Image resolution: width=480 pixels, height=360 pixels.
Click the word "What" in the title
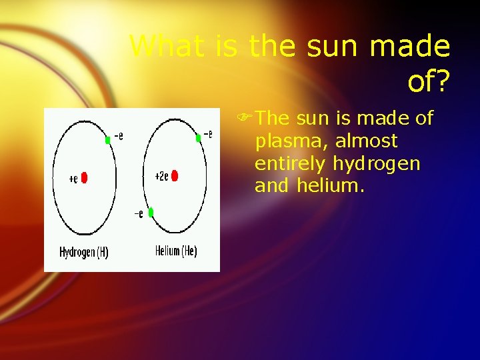tap(165, 47)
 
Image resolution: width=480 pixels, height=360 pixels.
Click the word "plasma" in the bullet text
tap(291, 142)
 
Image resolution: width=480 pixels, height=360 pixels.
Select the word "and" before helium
tap(271, 186)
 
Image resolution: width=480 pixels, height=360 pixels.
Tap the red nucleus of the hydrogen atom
tap(84, 178)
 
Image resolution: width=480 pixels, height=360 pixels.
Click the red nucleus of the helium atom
tap(175, 176)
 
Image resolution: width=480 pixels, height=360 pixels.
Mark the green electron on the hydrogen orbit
tap(107, 140)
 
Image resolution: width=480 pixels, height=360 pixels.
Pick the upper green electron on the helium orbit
tap(198, 138)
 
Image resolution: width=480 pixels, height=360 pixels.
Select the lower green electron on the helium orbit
tap(151, 212)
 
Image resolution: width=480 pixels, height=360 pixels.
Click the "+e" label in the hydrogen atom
tap(73, 179)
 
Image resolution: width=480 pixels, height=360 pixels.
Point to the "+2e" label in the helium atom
tap(161, 177)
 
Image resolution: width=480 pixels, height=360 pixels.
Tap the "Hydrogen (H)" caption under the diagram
tap(84, 253)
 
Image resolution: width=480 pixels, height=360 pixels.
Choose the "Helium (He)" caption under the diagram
tap(176, 251)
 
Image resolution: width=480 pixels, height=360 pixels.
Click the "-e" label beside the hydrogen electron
tap(118, 137)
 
